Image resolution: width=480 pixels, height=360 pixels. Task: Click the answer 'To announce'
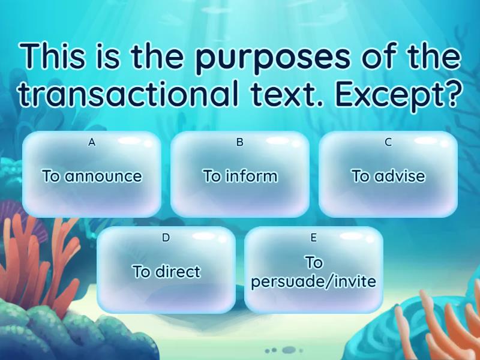(92, 176)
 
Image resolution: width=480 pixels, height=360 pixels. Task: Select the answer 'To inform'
(240, 176)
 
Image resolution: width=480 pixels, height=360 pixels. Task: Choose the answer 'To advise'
(388, 176)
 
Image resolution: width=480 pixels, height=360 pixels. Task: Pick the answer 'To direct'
(166, 271)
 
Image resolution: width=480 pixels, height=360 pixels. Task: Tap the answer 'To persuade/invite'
(314, 272)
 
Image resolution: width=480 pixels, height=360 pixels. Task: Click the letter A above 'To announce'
(92, 143)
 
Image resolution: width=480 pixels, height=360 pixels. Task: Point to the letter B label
(240, 143)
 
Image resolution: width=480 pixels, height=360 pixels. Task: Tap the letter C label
(388, 143)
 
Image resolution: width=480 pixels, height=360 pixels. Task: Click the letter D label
(166, 238)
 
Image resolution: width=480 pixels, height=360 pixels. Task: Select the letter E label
(314, 238)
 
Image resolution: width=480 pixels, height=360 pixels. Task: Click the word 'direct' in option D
(177, 271)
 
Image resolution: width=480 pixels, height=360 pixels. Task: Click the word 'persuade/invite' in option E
(314, 281)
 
